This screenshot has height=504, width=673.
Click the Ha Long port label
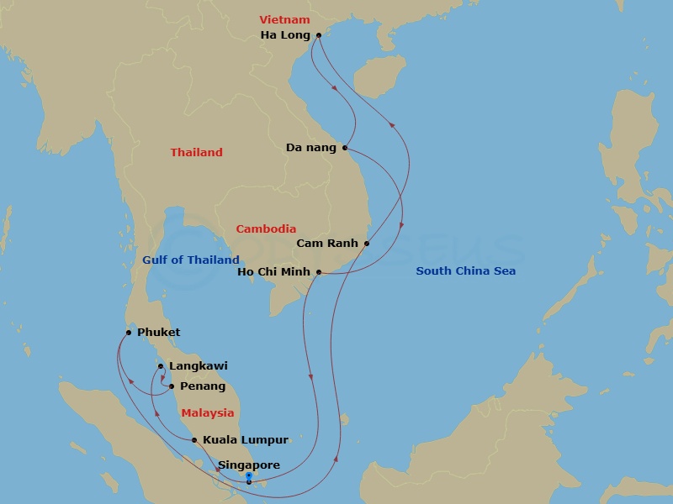point(285,35)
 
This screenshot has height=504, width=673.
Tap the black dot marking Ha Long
point(319,35)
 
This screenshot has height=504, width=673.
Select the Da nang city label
point(310,148)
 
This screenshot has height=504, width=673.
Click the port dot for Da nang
point(345,148)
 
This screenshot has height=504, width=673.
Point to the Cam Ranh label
point(327,244)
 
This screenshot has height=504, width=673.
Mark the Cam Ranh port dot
point(367,244)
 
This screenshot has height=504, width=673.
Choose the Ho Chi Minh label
point(275,272)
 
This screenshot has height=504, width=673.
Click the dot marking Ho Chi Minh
point(319,272)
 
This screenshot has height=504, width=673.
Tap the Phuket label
point(158,333)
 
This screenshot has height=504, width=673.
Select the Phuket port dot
point(128,333)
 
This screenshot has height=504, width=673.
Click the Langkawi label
point(198,366)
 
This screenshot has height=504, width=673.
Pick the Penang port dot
point(172,386)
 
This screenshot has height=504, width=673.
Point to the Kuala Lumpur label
point(246,440)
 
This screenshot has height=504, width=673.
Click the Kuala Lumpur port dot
point(194,440)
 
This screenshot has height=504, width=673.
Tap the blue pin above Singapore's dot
point(249,475)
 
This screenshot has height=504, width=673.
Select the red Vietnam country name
point(284,19)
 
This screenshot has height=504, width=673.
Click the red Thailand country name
point(196,153)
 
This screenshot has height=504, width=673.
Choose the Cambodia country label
point(266,228)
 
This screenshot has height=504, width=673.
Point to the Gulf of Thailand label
point(191,260)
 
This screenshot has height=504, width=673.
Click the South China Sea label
point(466,271)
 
